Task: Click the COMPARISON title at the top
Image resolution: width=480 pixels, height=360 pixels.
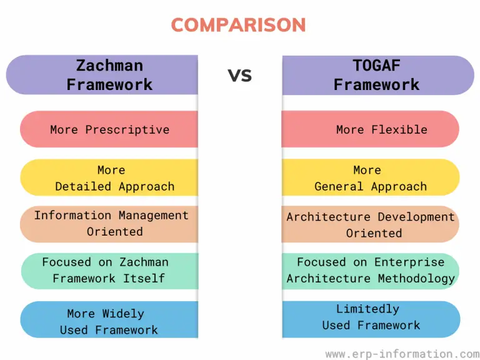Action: click(239, 25)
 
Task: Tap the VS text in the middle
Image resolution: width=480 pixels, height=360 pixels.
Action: click(239, 76)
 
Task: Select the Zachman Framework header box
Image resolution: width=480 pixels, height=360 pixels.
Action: click(103, 75)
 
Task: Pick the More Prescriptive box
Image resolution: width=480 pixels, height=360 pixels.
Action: click(109, 129)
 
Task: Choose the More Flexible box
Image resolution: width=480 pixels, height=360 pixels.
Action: click(371, 129)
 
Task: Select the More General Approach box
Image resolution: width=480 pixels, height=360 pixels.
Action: click(371, 177)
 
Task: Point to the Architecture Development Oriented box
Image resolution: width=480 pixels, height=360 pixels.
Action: click(371, 224)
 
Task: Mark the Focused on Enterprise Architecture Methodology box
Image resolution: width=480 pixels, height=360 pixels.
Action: click(371, 270)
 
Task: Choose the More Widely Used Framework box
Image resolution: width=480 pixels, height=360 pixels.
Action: click(109, 321)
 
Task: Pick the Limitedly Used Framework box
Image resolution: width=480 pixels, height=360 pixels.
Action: click(371, 317)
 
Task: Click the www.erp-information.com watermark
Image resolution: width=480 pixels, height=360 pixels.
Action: click(402, 354)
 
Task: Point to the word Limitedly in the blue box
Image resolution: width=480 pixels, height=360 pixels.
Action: click(367, 309)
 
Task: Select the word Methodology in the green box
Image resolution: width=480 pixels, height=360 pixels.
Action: click(416, 279)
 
